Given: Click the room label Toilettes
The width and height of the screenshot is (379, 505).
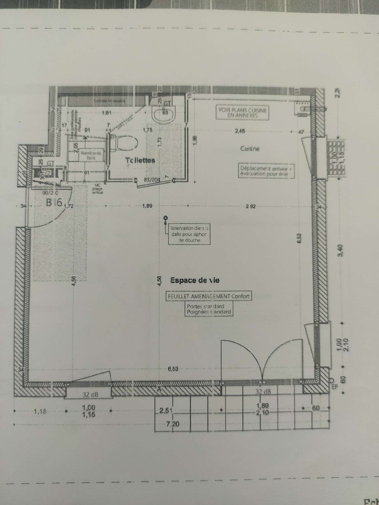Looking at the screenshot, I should (x=140, y=160).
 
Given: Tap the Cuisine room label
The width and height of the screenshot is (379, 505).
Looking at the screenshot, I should (x=250, y=149).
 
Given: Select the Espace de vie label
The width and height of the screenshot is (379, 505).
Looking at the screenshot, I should (x=195, y=280).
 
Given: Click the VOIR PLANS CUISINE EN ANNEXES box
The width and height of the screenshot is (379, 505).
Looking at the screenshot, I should (x=242, y=113).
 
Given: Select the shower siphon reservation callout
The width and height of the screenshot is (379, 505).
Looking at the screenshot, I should (x=189, y=234).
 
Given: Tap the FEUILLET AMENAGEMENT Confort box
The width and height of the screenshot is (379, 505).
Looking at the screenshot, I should (x=208, y=296).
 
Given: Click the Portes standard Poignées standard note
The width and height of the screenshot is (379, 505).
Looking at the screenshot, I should (x=209, y=309).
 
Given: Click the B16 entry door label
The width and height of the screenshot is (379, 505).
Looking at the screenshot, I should (x=54, y=203).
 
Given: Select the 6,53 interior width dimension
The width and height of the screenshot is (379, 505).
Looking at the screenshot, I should (x=173, y=369).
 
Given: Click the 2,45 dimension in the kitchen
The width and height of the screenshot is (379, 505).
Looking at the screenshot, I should (x=240, y=131).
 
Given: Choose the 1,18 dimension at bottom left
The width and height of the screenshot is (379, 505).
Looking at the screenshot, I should (x=40, y=412).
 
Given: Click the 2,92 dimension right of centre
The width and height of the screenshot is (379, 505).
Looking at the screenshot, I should (x=250, y=207).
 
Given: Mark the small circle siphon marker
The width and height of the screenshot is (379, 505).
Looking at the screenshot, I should (x=165, y=217).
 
